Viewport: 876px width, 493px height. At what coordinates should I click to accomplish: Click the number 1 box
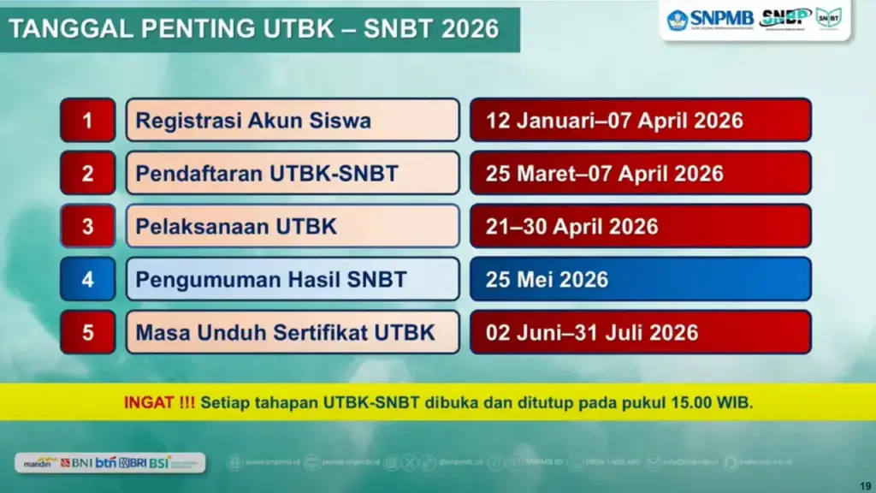click(87, 121)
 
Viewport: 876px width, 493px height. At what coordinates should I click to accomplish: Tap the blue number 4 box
click(87, 279)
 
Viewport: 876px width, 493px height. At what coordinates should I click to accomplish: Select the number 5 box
click(87, 332)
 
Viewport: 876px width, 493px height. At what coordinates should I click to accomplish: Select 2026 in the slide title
click(471, 28)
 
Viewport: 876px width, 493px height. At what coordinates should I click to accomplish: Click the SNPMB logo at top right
click(710, 19)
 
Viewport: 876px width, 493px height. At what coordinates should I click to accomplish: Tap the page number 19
click(865, 486)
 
